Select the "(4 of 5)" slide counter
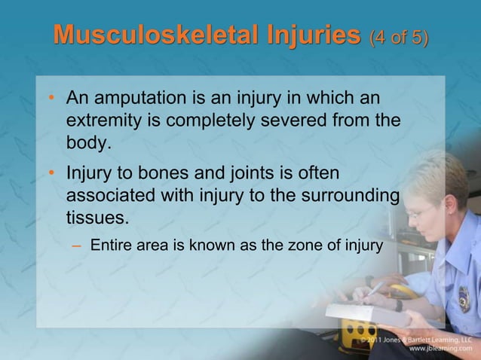(397, 37)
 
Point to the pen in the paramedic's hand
(375, 288)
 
